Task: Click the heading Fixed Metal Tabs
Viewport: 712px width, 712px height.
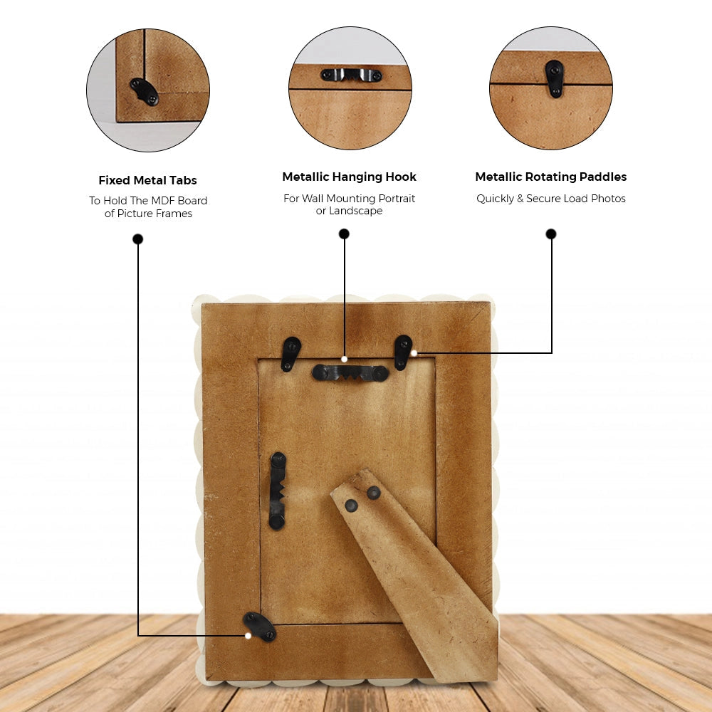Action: (x=147, y=180)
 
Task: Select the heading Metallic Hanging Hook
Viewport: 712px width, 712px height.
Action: (x=349, y=177)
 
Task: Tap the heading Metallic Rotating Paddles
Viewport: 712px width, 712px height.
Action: (x=551, y=177)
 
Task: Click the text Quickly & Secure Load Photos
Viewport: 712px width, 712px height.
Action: (x=551, y=199)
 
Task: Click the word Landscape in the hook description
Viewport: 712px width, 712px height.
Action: (x=355, y=211)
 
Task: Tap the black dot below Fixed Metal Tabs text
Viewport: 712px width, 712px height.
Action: (x=137, y=239)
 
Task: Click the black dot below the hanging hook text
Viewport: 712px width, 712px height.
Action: (x=344, y=234)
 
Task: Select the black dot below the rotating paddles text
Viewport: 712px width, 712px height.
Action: (x=551, y=234)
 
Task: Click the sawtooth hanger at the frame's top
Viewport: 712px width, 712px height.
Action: (x=350, y=373)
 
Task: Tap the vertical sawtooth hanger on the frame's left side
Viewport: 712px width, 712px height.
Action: (x=278, y=491)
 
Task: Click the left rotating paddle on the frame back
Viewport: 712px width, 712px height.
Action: (x=290, y=354)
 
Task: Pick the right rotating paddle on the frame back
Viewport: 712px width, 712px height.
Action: (x=403, y=352)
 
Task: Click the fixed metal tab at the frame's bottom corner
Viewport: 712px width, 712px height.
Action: (x=259, y=627)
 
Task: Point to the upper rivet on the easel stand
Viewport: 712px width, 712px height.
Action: (x=374, y=492)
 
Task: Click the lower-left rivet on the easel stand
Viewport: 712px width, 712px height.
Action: (x=351, y=506)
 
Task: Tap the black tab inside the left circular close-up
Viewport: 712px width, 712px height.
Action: (x=145, y=92)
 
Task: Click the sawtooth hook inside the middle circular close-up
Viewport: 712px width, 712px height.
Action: (x=351, y=75)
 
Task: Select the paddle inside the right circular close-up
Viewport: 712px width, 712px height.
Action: (x=555, y=78)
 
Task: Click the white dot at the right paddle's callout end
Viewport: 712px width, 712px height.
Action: (x=414, y=353)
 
